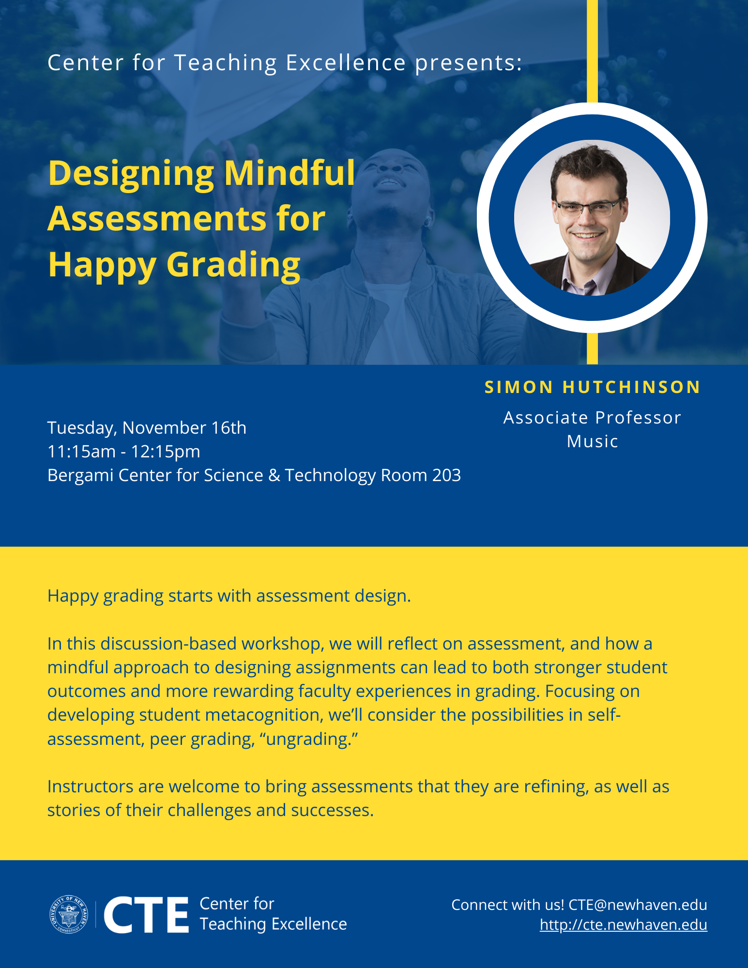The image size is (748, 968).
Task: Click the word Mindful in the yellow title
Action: [x=290, y=173]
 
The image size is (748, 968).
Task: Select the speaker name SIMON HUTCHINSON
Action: [x=593, y=387]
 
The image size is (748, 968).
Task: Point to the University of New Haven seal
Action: [x=69, y=914]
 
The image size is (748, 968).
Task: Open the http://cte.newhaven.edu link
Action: [x=624, y=924]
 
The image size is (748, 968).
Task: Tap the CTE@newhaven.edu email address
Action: [x=638, y=905]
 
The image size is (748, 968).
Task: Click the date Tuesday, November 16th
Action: [x=147, y=428]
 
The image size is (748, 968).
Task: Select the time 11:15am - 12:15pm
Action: [x=124, y=452]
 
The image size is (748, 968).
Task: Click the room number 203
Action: [x=446, y=475]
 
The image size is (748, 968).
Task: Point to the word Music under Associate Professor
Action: [x=593, y=441]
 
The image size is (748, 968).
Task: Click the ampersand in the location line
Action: [x=274, y=475]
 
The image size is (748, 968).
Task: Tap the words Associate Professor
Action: [x=592, y=418]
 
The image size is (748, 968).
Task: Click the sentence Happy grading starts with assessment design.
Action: [x=229, y=596]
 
